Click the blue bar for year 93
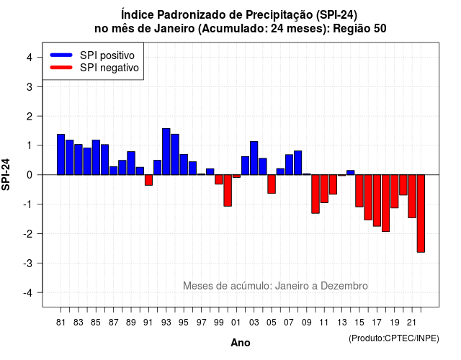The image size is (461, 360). coord(166,152)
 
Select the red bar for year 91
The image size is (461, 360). coord(148,180)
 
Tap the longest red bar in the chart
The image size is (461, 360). coord(421,213)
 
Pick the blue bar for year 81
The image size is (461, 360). coord(61,155)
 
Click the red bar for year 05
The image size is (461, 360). coord(272,184)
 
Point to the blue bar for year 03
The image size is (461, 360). coord(254,158)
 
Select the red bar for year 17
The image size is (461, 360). coord(377,200)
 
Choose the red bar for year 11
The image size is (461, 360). coord(324,189)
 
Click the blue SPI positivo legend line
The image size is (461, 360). coord(61,55)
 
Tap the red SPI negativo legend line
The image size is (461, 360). coord(61,67)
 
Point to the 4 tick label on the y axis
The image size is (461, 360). coord(29,58)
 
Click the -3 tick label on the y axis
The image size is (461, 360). coord(27,263)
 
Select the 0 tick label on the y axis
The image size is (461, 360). coord(29,175)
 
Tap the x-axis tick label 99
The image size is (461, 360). coord(219,323)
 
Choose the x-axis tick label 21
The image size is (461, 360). coord(411,323)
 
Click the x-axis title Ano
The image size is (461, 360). coord(241,343)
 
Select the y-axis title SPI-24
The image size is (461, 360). coord(6,174)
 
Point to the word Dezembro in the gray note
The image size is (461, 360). coord(344,286)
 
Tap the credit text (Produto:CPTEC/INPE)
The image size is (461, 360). coord(394,338)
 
